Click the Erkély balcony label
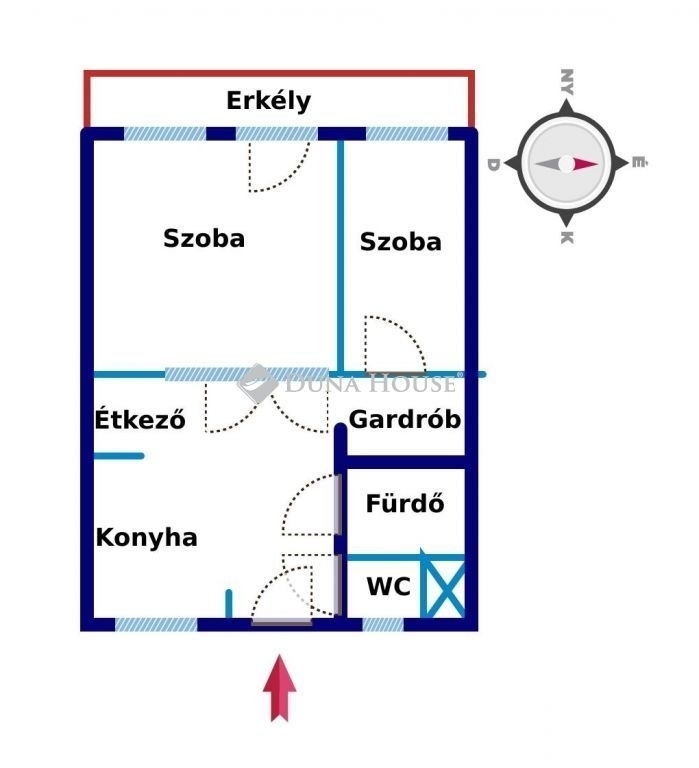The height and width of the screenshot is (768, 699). tap(268, 101)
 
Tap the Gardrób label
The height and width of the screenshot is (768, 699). tap(405, 418)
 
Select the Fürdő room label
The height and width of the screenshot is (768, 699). tap(405, 503)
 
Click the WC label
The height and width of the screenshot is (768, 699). tap(388, 587)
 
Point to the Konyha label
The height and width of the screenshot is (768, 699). tap(146, 538)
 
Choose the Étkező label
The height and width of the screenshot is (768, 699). tap(140, 419)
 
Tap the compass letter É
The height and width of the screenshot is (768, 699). tap(638, 163)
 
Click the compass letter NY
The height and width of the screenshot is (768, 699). tap(566, 81)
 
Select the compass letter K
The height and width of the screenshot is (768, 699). tap(566, 238)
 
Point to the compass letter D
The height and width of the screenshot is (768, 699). tap(493, 164)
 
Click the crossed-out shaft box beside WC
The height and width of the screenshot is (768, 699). tap(442, 586)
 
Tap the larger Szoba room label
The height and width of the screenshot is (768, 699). tap(204, 239)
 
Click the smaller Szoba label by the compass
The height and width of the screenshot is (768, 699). tap(400, 242)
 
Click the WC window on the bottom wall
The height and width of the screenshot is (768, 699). tap(382, 624)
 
